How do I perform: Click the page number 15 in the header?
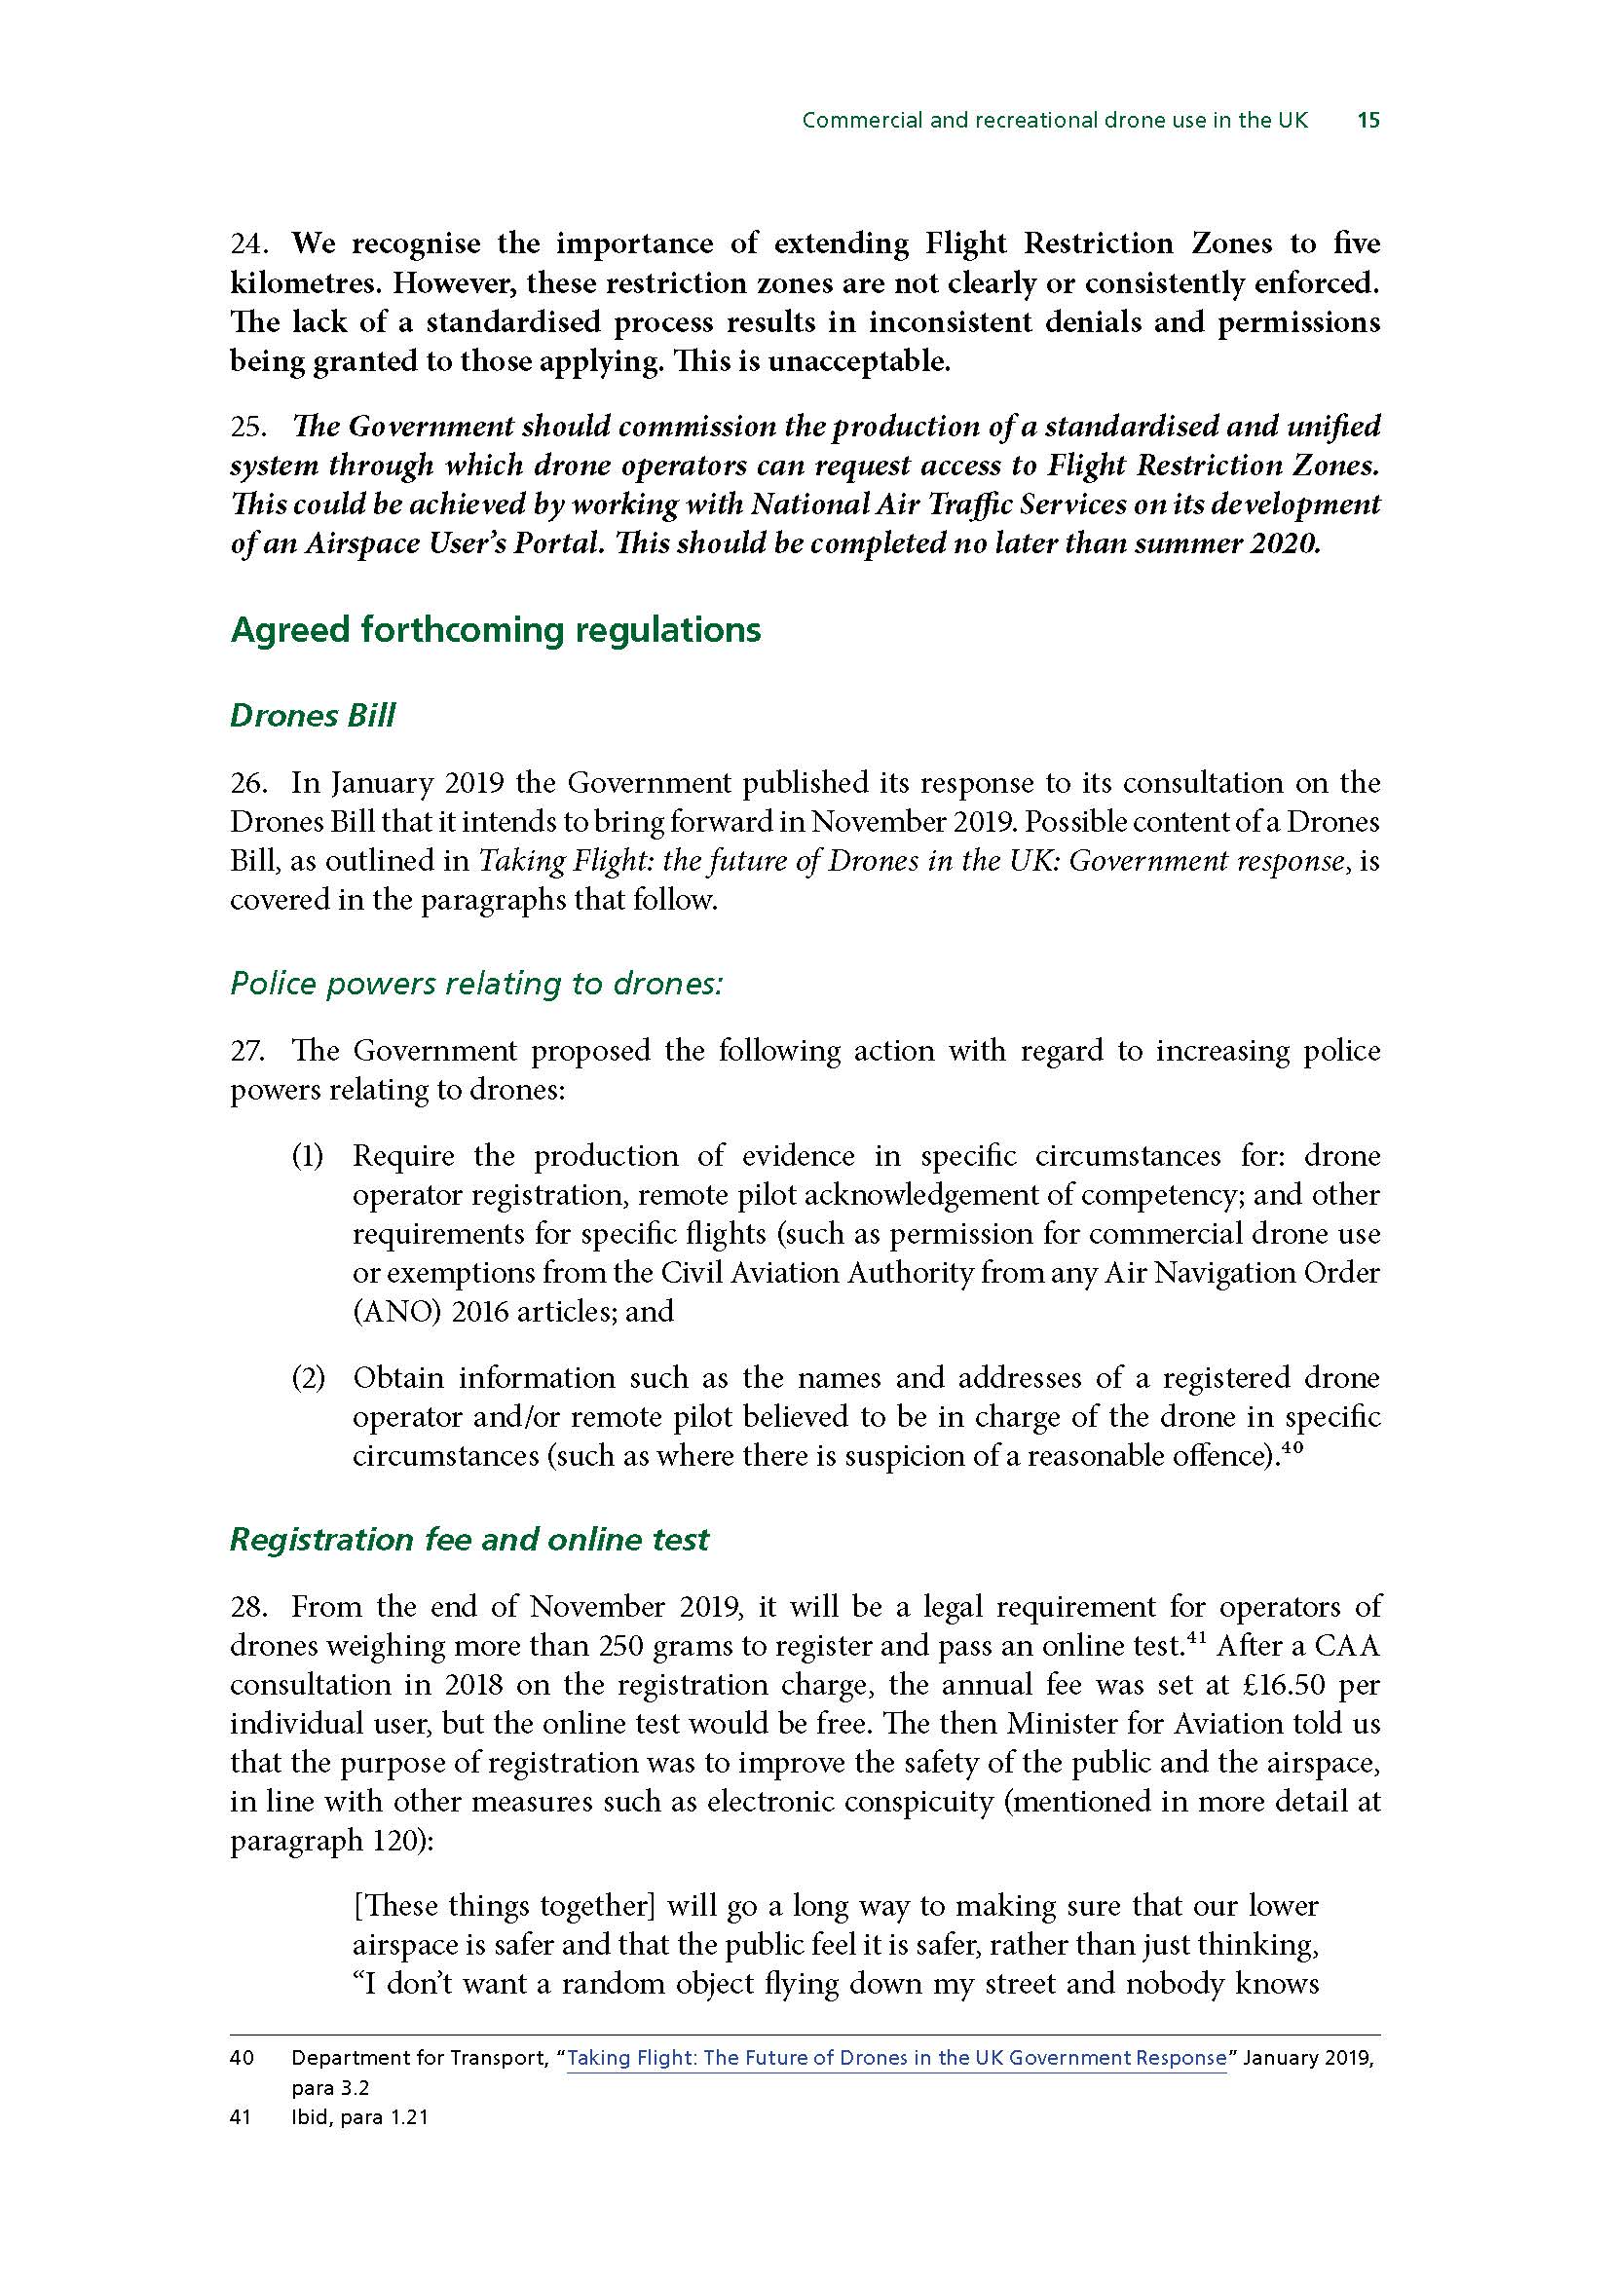[1367, 121]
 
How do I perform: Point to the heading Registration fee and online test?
[469, 1539]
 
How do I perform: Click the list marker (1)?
[308, 1156]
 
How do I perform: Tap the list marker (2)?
[308, 1378]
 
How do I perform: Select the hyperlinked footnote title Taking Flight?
[896, 2058]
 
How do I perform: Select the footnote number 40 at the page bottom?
[241, 2058]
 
